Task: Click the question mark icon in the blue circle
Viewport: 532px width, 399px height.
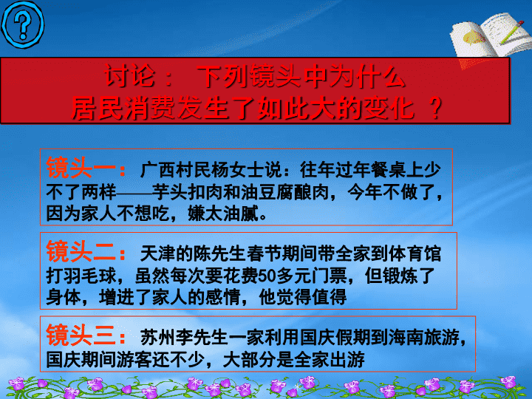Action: click(x=23, y=24)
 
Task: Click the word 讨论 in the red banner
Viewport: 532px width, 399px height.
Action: click(x=129, y=75)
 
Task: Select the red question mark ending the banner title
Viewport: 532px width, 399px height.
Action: click(x=435, y=108)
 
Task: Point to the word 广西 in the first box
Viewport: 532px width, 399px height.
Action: click(x=158, y=170)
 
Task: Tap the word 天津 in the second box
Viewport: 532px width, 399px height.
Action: click(x=158, y=253)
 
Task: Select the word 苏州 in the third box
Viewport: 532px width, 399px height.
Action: click(x=158, y=337)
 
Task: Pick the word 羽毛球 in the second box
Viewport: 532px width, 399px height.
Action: click(x=90, y=276)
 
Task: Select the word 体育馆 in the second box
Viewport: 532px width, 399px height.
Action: click(x=415, y=253)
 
